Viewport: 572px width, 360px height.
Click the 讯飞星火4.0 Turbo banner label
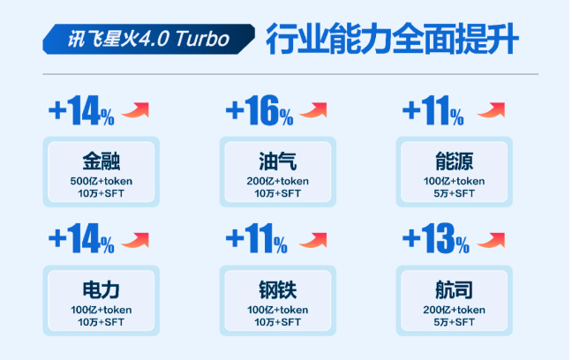click(x=148, y=39)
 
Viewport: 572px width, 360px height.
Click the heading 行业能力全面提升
click(x=392, y=39)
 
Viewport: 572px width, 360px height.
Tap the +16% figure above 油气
click(x=260, y=110)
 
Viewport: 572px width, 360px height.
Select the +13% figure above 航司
click(x=435, y=239)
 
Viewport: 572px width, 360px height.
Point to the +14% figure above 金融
click(x=81, y=110)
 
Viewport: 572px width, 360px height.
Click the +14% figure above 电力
click(x=81, y=239)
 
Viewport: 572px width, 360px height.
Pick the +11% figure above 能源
click(x=433, y=110)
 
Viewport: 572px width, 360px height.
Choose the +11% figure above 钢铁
click(x=257, y=239)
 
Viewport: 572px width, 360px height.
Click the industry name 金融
click(x=101, y=161)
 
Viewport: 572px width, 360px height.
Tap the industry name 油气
click(x=277, y=161)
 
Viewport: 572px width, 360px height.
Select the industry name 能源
click(x=455, y=161)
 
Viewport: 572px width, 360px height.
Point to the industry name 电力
click(x=101, y=290)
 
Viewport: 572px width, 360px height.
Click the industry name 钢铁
click(x=277, y=290)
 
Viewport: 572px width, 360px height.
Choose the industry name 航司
click(x=455, y=290)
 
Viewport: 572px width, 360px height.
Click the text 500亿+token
click(x=101, y=181)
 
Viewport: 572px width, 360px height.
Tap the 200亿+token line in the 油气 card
click(x=277, y=181)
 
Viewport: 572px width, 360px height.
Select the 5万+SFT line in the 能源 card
click(x=455, y=194)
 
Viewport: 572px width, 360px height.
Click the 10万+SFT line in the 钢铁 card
click(x=277, y=322)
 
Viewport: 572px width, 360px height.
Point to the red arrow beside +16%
click(x=313, y=110)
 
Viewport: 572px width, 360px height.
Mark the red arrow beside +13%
click(x=491, y=240)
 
